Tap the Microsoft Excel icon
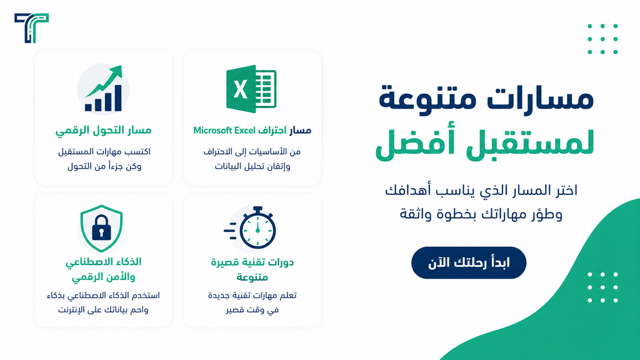[x=251, y=89]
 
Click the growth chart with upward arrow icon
[x=104, y=88]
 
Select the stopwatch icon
[x=250, y=227]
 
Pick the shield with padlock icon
[x=102, y=228]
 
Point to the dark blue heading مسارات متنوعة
[x=486, y=98]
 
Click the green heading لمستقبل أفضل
[x=484, y=143]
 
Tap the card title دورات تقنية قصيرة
[x=252, y=262]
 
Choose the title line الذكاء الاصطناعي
[x=103, y=262]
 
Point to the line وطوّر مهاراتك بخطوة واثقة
[x=481, y=214]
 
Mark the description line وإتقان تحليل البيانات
[x=252, y=166]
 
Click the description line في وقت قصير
[x=252, y=310]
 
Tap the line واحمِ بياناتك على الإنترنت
[x=103, y=310]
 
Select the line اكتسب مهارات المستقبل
[x=104, y=152]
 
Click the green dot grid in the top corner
[x=603, y=39]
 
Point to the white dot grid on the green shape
[x=603, y=287]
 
